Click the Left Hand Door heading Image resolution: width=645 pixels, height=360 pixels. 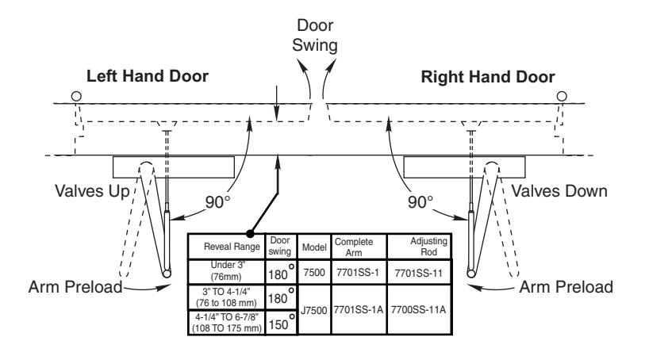[148, 76]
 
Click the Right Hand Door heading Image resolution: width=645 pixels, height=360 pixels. [488, 77]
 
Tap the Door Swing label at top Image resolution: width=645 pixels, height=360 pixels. [315, 36]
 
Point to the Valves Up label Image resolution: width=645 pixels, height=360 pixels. [92, 191]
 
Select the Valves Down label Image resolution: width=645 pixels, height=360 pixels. [559, 191]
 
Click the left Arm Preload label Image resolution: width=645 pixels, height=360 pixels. [75, 287]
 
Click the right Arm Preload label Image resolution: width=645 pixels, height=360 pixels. [566, 287]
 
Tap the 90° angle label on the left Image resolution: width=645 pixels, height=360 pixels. [217, 202]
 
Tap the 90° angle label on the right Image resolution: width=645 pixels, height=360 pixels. [420, 202]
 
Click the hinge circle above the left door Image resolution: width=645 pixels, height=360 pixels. [76, 96]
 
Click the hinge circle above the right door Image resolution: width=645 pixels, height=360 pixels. [562, 96]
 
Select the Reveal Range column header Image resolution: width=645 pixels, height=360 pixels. [232, 247]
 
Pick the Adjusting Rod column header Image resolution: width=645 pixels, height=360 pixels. [428, 246]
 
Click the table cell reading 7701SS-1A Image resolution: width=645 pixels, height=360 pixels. [359, 309]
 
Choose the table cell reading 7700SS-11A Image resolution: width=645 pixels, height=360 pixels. [418, 309]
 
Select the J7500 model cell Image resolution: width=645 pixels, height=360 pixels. [314, 310]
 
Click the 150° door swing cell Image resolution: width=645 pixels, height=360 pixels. [282, 323]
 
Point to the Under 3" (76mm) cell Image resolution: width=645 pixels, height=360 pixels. [226, 270]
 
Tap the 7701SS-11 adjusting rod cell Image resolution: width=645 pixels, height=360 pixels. [418, 274]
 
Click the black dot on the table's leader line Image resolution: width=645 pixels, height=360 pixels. [250, 234]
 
